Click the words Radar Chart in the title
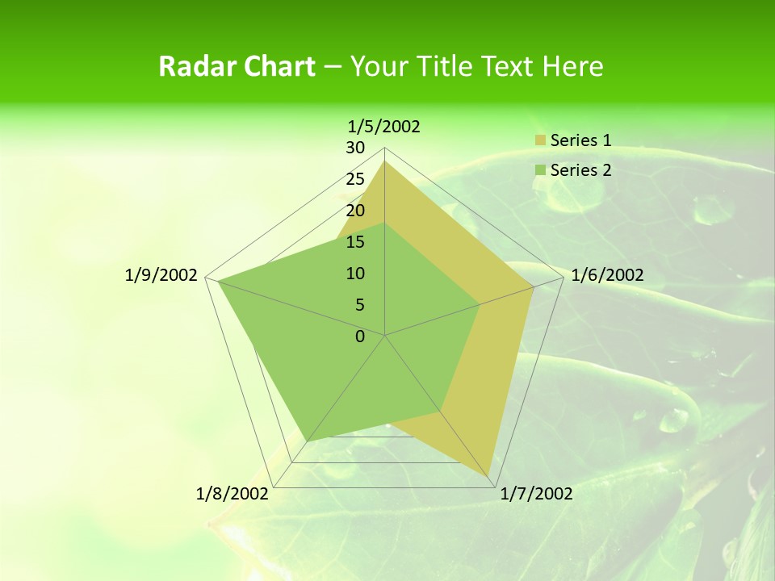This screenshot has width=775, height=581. pos(237,66)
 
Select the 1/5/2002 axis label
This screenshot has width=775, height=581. pos(384,126)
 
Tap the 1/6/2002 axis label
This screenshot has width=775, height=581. pos(607,275)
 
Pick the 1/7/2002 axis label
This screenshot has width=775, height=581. pos(536,494)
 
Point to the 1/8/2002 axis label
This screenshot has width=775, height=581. pos(232,494)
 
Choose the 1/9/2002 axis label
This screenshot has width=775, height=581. pos(161,275)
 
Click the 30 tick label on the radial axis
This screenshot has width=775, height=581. pos(355,148)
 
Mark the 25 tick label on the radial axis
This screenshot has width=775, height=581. pos(355,179)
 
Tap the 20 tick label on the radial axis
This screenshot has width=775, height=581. pos(355,211)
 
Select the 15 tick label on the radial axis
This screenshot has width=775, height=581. pos(355,242)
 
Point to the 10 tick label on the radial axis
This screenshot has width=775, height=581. pos(355,274)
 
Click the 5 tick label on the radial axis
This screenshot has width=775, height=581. pos(359,305)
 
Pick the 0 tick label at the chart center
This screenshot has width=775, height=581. pos(360,336)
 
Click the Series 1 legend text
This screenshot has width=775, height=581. pos(580,140)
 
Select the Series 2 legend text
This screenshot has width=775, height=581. pos(580,169)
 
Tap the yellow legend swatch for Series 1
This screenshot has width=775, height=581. pos(540,141)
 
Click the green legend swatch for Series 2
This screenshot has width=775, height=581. pos(540,170)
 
